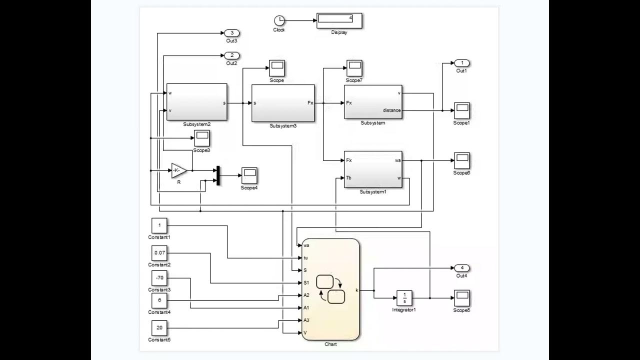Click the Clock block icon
coord(279,20)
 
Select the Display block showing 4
coord(339,20)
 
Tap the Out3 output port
coord(232,33)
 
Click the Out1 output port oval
coord(462,63)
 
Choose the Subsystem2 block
coord(196,102)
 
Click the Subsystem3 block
coord(283,103)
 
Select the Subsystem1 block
coord(373,169)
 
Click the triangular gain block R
coord(178,170)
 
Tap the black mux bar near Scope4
coord(218,175)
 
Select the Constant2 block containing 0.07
coord(159,253)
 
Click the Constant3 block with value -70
coord(159,278)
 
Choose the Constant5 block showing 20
coord(159,328)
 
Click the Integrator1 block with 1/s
coord(404,298)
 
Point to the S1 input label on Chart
coord(306,283)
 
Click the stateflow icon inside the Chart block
coord(330,289)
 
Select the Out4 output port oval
coord(462,268)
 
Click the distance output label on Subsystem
coord(391,110)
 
